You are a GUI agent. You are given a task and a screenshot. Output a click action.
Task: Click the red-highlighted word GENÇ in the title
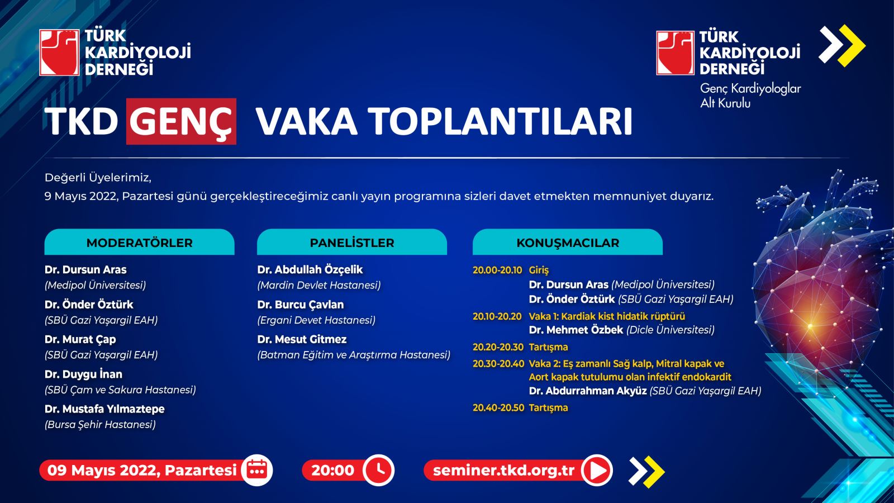181,121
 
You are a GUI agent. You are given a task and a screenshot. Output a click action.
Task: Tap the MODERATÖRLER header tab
139,242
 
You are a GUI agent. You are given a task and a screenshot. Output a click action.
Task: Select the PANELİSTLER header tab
352,242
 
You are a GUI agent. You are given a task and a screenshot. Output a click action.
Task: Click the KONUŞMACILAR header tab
568,242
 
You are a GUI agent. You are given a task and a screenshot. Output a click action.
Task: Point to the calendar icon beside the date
257,470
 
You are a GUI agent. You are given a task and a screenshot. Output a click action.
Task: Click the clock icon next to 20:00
379,470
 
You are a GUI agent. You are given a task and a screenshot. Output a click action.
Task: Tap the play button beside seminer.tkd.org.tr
597,470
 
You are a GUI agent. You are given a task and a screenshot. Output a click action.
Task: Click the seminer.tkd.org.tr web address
503,470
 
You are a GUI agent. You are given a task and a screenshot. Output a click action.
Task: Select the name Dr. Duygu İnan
83,374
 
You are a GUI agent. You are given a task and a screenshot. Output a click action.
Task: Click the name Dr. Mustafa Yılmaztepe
104,409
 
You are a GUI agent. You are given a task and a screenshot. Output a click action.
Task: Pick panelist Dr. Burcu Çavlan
301,305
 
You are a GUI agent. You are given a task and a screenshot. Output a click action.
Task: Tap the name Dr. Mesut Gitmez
302,339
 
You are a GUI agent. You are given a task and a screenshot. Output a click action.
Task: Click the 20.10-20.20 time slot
497,316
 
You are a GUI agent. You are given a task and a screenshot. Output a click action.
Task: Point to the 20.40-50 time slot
498,407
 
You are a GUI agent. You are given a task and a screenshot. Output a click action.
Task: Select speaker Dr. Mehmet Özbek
576,330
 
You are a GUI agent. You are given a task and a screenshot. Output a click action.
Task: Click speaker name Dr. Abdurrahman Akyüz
588,391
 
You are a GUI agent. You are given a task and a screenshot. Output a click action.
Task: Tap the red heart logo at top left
59,53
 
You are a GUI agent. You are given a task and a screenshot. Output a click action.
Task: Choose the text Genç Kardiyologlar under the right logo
750,89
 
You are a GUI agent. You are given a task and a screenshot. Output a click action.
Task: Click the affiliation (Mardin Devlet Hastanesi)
319,286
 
